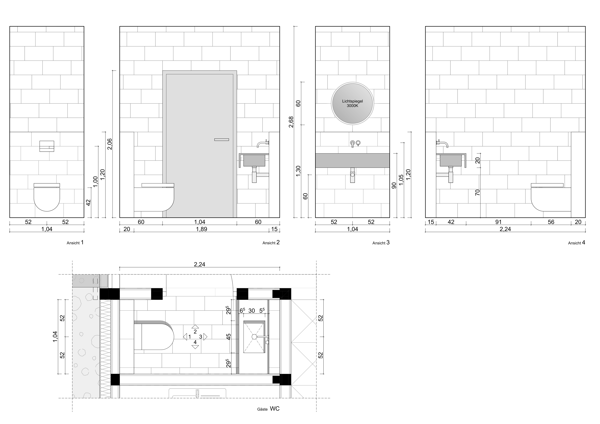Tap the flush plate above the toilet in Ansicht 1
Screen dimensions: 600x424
(x=47, y=146)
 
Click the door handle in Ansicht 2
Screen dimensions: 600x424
(x=222, y=140)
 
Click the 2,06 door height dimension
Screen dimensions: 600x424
(x=110, y=144)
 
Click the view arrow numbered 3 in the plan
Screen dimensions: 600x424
(x=205, y=337)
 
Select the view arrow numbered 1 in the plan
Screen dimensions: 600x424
(x=185, y=337)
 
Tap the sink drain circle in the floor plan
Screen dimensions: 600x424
(x=254, y=337)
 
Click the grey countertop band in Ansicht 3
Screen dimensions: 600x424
(x=353, y=160)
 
